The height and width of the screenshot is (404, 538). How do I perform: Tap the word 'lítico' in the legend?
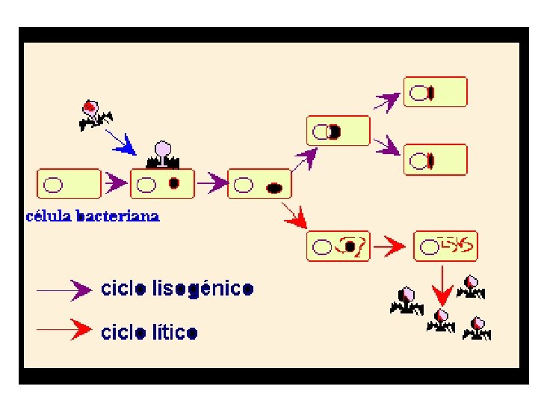click(173, 331)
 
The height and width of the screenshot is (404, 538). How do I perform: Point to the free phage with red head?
click(93, 113)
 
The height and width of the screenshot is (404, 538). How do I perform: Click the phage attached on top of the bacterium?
click(162, 155)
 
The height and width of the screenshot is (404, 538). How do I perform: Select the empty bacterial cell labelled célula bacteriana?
click(68, 183)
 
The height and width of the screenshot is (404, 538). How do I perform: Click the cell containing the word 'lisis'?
click(445, 245)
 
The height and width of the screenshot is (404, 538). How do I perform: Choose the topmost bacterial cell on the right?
click(435, 92)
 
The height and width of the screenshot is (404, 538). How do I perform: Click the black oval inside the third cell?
click(273, 187)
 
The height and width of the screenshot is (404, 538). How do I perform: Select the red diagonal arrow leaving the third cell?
click(296, 218)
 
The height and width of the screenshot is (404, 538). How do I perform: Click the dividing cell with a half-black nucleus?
click(338, 131)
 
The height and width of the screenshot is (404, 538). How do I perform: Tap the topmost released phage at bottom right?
click(470, 285)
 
